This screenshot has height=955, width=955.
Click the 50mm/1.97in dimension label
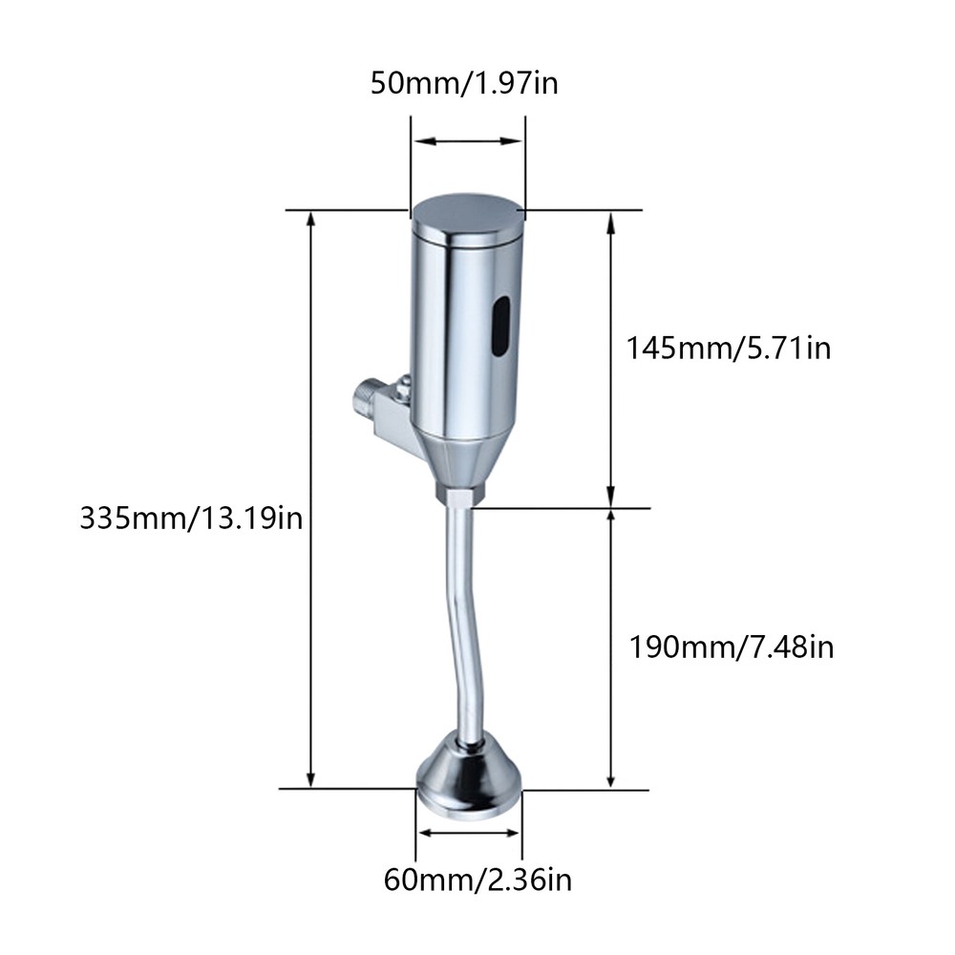tap(465, 84)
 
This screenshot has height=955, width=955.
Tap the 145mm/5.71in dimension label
tap(729, 348)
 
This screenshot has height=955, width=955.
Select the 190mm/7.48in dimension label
tap(732, 648)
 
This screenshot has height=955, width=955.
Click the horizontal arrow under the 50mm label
tap(467, 143)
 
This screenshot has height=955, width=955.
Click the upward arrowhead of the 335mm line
tap(309, 220)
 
